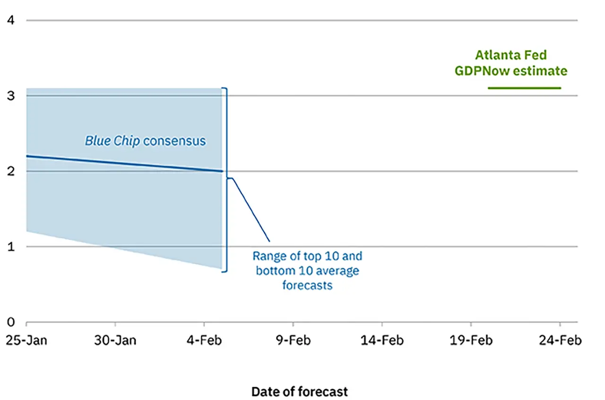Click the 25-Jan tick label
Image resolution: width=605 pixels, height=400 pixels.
pos(26,340)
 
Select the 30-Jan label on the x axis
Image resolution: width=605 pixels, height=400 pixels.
pos(115,340)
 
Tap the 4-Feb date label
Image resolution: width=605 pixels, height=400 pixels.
pos(204,340)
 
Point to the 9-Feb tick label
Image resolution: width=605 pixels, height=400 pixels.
pos(293,340)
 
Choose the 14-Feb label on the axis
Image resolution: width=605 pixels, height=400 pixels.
pos(382,340)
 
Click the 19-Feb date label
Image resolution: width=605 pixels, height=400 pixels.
pos(471,340)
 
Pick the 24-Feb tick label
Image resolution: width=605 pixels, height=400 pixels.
pos(560,340)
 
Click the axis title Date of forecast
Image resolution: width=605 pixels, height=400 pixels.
pos(299,391)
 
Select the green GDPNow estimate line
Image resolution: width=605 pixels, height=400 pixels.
pos(524,88)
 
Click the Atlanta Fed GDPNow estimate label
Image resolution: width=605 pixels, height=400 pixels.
pos(510,63)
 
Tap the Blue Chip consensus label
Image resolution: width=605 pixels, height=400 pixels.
pos(145,141)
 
